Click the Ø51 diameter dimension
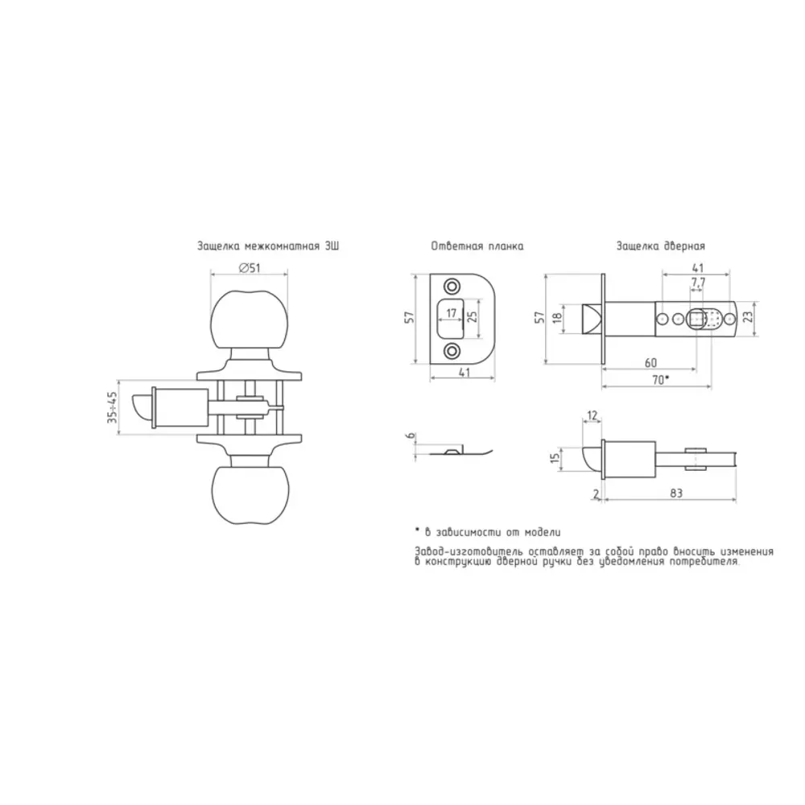[x=250, y=268]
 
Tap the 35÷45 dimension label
[x=113, y=407]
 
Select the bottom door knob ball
[x=250, y=495]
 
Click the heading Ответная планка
[x=477, y=246]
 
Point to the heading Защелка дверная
[x=661, y=246]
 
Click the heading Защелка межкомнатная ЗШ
[x=268, y=246]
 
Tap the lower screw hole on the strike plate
[x=452, y=351]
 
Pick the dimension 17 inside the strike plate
[x=452, y=313]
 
